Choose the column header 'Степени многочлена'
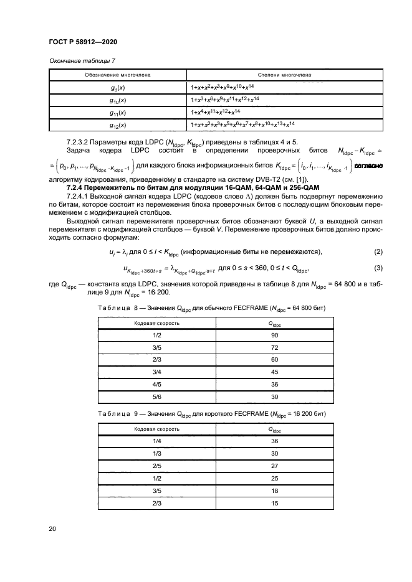[284, 75]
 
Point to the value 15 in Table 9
[274, 503]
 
